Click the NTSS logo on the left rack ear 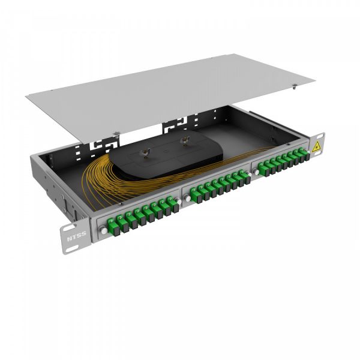pyautogui.click(x=76, y=235)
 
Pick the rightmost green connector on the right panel pyautogui.click(x=302, y=158)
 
